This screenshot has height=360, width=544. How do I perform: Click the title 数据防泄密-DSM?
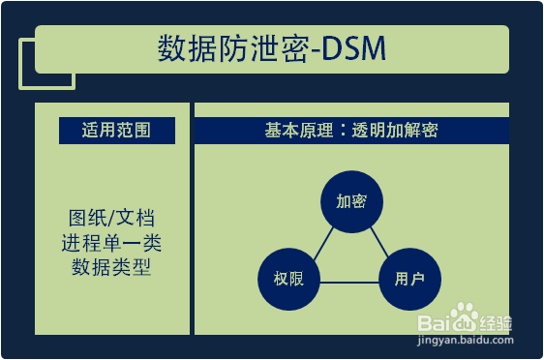[272, 49]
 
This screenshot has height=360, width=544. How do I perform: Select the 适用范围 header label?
[116, 131]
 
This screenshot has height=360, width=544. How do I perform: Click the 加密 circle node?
[350, 202]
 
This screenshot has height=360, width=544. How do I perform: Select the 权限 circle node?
[287, 281]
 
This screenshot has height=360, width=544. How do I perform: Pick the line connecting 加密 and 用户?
[378, 240]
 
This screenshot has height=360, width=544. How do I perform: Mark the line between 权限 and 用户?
[348, 282]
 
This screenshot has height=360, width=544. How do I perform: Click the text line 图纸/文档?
[110, 217]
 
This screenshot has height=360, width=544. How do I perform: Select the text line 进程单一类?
[110, 241]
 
